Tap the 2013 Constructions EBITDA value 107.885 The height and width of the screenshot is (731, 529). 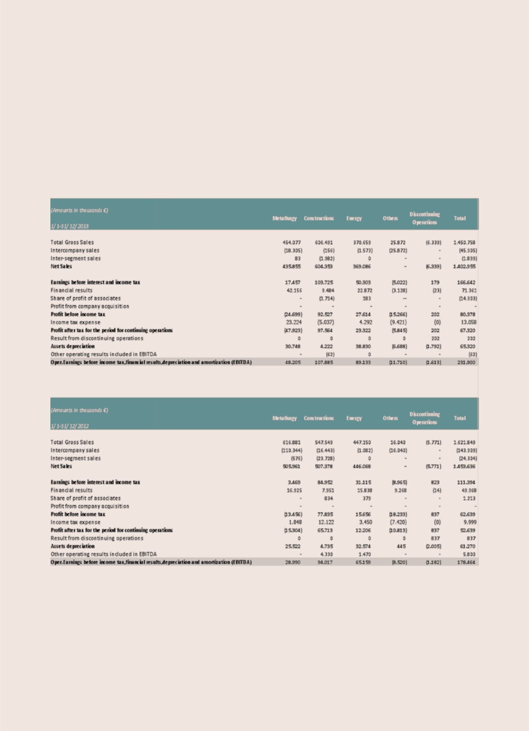pos(324,362)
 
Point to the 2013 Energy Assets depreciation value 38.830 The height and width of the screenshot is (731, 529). pos(364,346)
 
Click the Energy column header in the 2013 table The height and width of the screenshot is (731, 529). pos(354,218)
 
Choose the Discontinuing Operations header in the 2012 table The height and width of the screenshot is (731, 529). pos(425,418)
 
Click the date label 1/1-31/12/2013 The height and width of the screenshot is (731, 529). pos(70,226)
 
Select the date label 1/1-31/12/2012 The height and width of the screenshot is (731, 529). pos(70,426)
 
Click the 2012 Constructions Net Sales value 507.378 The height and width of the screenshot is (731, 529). pos(324,466)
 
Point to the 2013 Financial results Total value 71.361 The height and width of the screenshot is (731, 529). pos(468,290)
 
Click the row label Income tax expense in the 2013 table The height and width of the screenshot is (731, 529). pos(75,322)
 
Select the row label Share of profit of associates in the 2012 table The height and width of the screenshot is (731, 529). pos(85,498)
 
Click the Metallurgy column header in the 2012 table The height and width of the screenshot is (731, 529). pos(285,418)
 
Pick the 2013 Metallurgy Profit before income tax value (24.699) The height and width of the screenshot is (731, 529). pos(293,314)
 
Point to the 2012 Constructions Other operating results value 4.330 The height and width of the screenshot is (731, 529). pos(327,554)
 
